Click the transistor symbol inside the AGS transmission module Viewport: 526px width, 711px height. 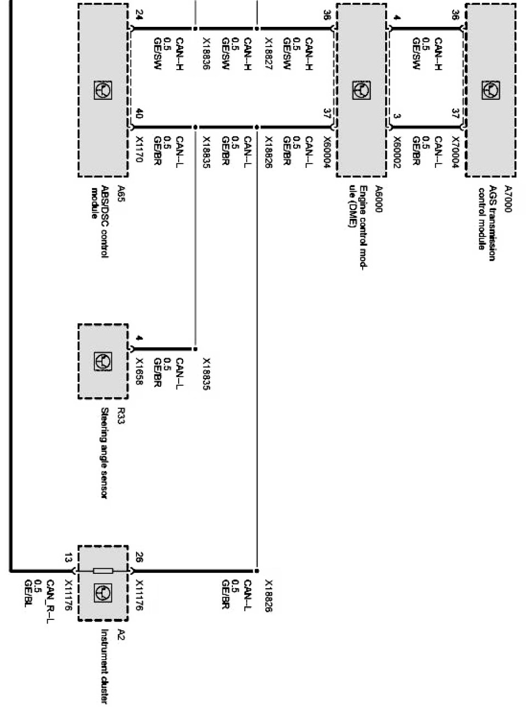(x=490, y=90)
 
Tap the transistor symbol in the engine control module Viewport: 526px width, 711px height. (x=361, y=90)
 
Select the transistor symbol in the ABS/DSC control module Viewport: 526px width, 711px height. (x=103, y=90)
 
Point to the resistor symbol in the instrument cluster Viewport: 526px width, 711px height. (x=103, y=571)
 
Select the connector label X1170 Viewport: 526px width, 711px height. (x=138, y=149)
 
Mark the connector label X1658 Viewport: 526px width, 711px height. (x=138, y=371)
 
